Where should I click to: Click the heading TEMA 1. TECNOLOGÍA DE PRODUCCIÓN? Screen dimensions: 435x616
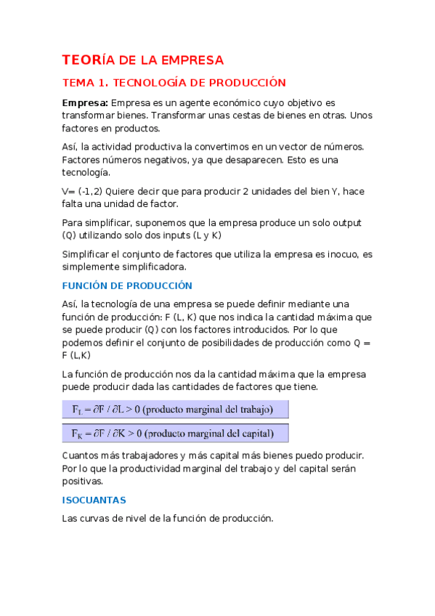coord(174,83)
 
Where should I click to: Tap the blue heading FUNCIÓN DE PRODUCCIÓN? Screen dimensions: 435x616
coord(127,285)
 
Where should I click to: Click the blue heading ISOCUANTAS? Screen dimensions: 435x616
coord(94,500)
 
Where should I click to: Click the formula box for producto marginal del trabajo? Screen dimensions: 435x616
coord(175,410)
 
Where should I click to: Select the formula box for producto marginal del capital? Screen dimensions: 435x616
coord(175,434)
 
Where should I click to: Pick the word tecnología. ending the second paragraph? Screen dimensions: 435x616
coord(86,172)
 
